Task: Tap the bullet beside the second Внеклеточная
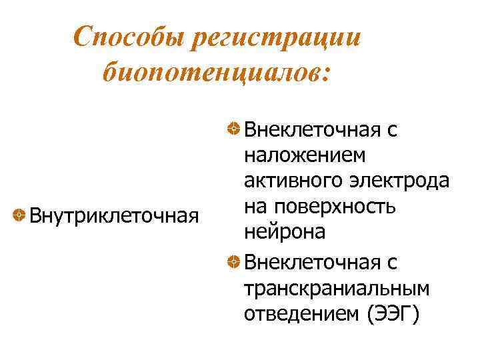pos(234,261)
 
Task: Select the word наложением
pos(305,155)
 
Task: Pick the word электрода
pos(399,181)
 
